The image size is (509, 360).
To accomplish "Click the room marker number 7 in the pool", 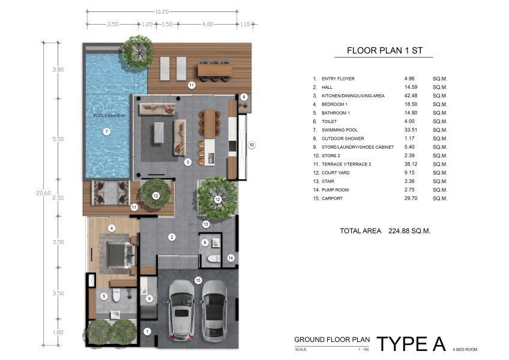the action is coord(106,131).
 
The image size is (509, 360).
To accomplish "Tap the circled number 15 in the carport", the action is coord(198,280).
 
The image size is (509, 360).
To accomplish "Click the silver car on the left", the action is coord(181,310).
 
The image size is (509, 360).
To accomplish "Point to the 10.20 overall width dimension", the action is coord(161,11).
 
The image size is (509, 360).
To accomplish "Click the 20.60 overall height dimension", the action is coord(43,193).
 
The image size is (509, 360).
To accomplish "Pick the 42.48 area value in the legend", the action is coord(411,96).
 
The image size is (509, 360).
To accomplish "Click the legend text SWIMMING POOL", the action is coord(340,130).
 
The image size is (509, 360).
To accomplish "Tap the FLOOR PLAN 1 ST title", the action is coord(385,50).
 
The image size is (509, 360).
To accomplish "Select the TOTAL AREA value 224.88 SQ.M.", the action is coord(409,231).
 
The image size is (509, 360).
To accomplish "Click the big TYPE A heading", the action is coord(411,344).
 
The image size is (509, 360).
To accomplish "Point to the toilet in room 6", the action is coord(213,259).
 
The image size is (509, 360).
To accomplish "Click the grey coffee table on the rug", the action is coord(158,132).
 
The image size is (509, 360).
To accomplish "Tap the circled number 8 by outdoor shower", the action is coord(244,97).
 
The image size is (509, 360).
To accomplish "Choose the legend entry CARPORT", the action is coord(332,199).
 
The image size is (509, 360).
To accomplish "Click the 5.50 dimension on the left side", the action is coord(58,139).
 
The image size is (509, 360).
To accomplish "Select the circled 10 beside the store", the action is coord(251,145).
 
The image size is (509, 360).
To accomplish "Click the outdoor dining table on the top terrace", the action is coord(215,70).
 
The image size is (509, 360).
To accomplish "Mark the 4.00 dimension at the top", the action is coord(208,25).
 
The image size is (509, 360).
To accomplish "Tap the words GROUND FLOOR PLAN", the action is coord(332,340).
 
